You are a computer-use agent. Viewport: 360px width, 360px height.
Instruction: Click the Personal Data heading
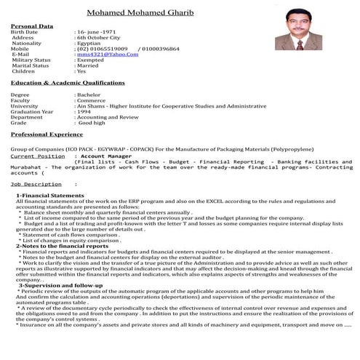[x=32, y=26]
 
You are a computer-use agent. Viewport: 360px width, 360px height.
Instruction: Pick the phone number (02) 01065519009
[x=103, y=49]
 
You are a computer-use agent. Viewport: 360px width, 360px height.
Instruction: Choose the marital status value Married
[x=91, y=65]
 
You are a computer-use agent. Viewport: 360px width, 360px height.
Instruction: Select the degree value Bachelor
[x=91, y=95]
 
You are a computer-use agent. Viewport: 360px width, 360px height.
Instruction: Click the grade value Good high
[x=93, y=123]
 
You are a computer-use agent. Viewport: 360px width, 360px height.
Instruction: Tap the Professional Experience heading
[x=47, y=135]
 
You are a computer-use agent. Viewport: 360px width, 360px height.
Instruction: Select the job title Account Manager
[x=101, y=156]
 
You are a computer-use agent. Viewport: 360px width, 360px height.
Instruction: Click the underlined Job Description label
[x=36, y=184]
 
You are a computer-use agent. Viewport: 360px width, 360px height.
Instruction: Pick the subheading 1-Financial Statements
[x=45, y=196]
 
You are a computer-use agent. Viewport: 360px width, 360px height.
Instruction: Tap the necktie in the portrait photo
[x=299, y=43]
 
